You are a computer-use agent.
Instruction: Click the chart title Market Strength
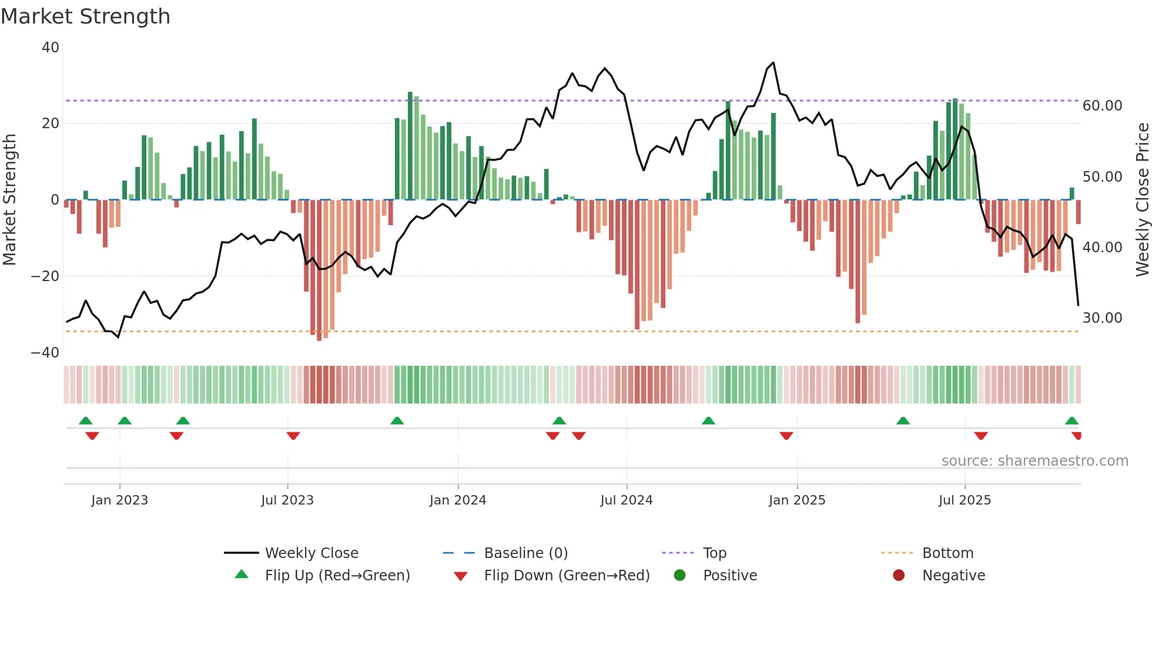pos(85,16)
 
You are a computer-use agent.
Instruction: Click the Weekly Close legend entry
pos(311,553)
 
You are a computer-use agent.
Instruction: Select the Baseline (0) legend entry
pos(525,553)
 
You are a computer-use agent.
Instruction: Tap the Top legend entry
pos(715,553)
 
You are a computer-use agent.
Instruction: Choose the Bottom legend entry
pos(947,553)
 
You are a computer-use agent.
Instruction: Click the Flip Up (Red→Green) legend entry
pos(337,575)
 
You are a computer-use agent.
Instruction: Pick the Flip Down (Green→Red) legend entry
pos(567,575)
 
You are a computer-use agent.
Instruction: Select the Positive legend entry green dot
pos(680,575)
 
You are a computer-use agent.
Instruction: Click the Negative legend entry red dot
pos(899,575)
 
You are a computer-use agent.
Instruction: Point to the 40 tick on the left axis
pos(51,47)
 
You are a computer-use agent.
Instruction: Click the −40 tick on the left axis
pos(45,352)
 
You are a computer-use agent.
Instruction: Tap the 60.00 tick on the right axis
pos(1102,105)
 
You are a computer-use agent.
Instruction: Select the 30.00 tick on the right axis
pos(1102,318)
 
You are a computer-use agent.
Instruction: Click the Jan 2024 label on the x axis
pos(458,500)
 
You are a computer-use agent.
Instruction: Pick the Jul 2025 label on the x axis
pos(965,500)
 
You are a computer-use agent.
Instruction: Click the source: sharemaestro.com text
pos(1034,460)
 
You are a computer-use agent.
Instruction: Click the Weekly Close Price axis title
pos(1142,199)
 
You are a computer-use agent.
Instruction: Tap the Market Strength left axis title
pos(9,199)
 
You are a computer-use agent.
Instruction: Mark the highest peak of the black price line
pos(773,62)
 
